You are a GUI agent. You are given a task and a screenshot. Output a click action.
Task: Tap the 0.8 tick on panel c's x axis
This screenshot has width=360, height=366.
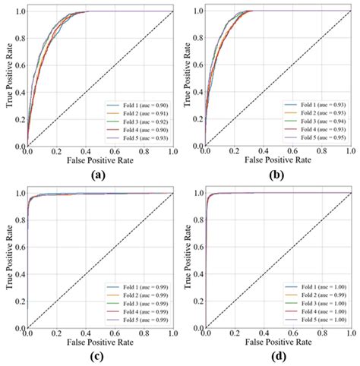[144, 333]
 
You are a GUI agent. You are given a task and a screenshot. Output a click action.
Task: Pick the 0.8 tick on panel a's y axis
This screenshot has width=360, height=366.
[20, 38]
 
